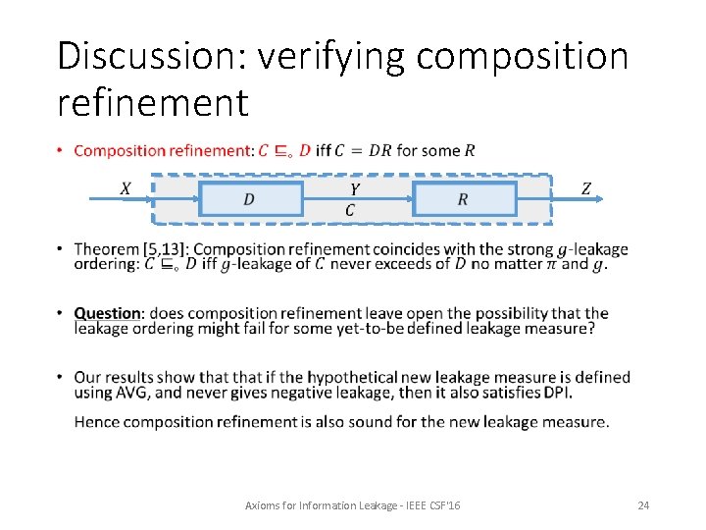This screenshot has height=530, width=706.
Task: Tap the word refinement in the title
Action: (x=153, y=101)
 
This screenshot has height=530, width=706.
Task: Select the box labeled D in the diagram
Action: (x=250, y=199)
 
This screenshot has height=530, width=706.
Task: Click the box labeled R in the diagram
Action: (x=464, y=199)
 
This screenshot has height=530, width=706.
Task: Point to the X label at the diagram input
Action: (x=126, y=187)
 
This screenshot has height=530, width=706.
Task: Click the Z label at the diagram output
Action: (x=586, y=187)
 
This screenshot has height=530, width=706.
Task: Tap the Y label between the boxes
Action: (x=354, y=187)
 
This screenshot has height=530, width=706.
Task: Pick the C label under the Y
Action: (x=350, y=210)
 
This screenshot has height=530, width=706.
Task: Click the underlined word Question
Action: (x=108, y=314)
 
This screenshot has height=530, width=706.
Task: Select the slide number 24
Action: (x=643, y=504)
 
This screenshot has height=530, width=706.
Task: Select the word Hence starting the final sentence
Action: (x=96, y=422)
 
